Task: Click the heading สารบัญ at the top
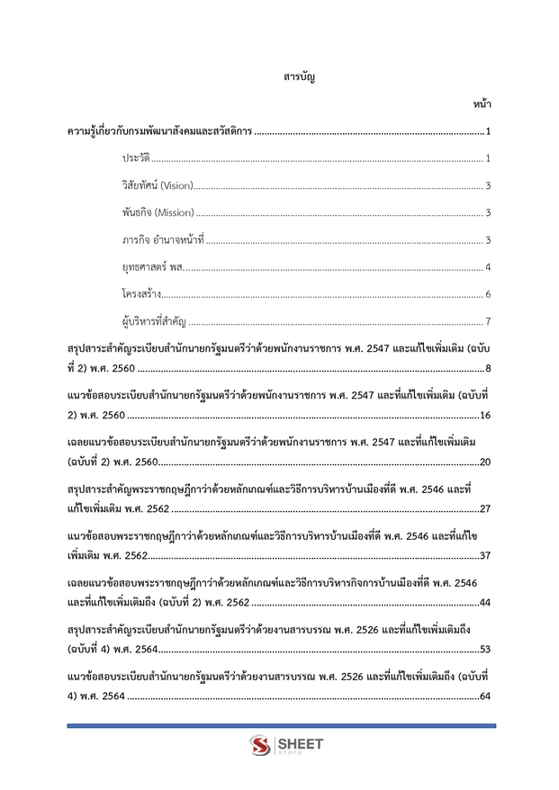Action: [x=298, y=77]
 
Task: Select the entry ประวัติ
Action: [x=135, y=159]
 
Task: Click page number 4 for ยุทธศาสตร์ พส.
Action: [x=487, y=267]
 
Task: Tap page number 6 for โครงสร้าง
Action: [x=487, y=294]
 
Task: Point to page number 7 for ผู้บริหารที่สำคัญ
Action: [x=487, y=321]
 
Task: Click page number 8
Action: [x=487, y=368]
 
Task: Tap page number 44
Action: [x=484, y=602]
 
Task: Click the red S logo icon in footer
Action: [x=260, y=746]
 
